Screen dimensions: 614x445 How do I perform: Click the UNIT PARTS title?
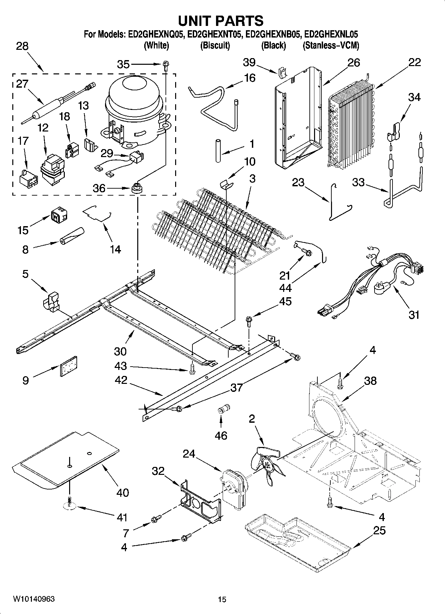[221, 21]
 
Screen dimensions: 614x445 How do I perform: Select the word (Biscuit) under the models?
[215, 45]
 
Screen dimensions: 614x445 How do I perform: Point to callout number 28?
[22, 46]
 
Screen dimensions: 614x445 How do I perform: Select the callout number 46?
[221, 435]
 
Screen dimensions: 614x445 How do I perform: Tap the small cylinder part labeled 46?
[223, 409]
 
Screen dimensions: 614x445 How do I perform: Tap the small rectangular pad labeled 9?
[69, 366]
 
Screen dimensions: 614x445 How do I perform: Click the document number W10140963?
[34, 599]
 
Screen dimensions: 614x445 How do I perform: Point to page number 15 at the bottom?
[222, 599]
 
